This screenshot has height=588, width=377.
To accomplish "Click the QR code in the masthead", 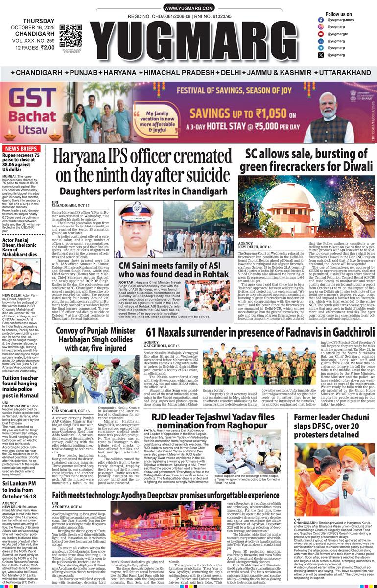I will point(71,35).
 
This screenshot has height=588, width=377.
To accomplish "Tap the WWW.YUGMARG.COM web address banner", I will point(188,8).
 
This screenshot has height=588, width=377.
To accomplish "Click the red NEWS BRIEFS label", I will point(23,149).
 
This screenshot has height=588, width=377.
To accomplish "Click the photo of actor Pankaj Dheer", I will point(22,274).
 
